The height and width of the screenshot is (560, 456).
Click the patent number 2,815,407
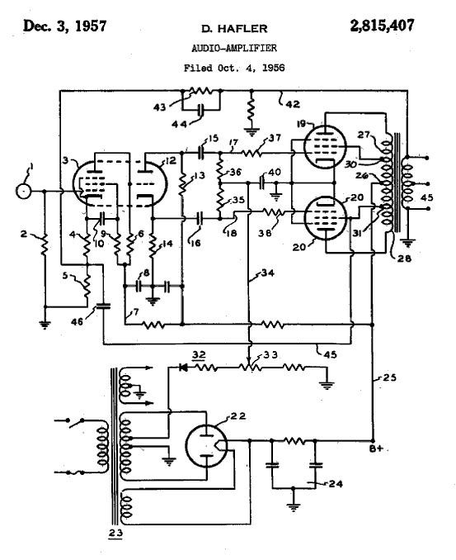coord(382,26)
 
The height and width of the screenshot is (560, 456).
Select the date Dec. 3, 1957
coord(64,26)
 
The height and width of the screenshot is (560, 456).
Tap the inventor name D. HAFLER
coord(234,29)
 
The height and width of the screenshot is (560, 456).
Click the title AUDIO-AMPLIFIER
coord(234,48)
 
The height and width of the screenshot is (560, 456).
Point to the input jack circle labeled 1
coord(24,191)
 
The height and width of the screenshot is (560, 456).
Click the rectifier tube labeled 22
coord(206,444)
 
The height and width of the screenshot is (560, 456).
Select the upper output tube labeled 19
coord(325,146)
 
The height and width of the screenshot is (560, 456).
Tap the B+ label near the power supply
coord(377,449)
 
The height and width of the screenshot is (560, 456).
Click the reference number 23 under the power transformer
coord(115,534)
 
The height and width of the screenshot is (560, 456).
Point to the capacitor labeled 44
coord(201,110)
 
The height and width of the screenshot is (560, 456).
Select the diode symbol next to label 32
coord(184,368)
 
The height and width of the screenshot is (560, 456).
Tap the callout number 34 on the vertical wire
coord(268,273)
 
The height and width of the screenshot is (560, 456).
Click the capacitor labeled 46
coord(103,306)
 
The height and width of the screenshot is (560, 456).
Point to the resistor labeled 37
coord(252,153)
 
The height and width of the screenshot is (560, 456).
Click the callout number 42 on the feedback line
coord(293,104)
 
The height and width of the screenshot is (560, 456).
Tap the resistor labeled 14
coord(153,245)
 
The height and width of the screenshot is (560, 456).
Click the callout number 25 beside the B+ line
coord(389,377)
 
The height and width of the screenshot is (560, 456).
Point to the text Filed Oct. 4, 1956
coord(234,68)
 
